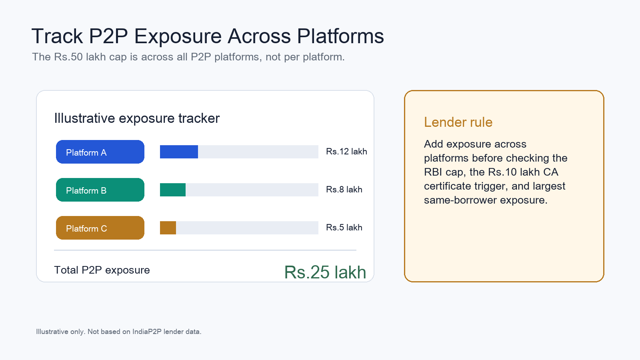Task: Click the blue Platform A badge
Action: coord(100,152)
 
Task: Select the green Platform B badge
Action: coord(100,190)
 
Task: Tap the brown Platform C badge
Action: coord(100,228)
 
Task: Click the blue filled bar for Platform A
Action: coord(179,152)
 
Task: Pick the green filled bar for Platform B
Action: coord(172,190)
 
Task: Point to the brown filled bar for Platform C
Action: coord(168,228)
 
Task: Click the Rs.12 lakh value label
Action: coord(346,152)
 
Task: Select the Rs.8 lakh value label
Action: coord(344,190)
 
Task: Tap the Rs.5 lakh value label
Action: coord(344,228)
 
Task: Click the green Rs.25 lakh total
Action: coord(325,272)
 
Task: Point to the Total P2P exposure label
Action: coord(102,270)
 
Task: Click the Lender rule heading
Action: coord(458,122)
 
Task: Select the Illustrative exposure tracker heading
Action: coord(137,118)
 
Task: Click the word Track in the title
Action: coord(57,36)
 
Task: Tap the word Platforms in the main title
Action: coord(340,36)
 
